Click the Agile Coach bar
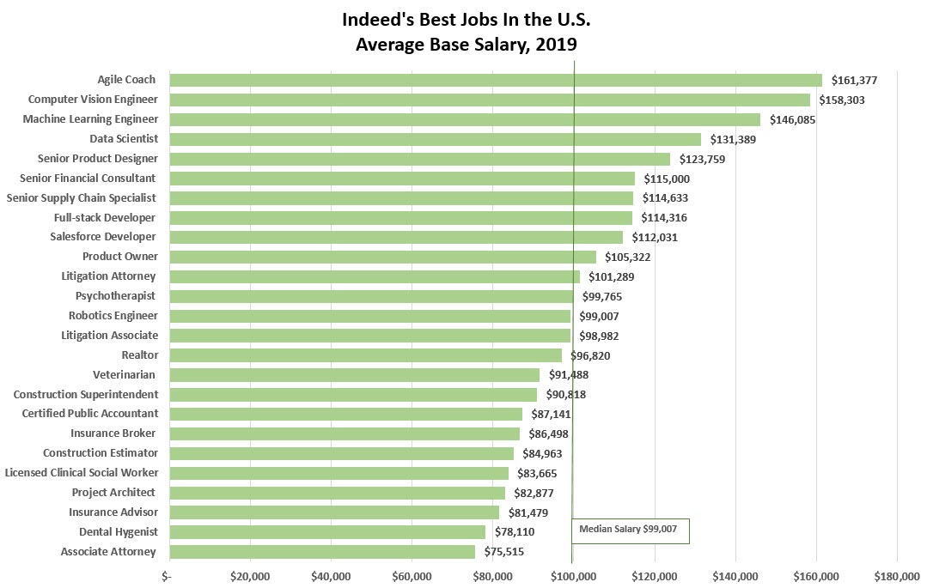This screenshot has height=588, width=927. point(496,81)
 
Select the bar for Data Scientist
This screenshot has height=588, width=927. point(435,139)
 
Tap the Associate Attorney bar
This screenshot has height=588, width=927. point(322,552)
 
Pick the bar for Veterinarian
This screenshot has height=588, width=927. point(355,375)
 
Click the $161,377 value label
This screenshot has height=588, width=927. point(854,81)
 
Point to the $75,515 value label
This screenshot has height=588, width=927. point(503,552)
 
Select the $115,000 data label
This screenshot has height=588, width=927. point(667,179)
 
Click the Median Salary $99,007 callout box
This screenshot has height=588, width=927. point(631,530)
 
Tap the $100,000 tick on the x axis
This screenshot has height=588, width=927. point(573,576)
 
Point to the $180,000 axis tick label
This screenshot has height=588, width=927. point(897,576)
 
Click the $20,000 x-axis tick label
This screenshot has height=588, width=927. point(250,576)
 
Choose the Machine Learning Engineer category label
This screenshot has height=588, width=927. point(90,119)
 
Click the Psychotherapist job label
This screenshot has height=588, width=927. point(115,296)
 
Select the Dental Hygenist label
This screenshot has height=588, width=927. point(119,532)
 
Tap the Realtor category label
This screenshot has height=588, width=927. point(140,355)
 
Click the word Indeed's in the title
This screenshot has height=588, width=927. point(378,20)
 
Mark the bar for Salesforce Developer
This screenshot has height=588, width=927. point(396,238)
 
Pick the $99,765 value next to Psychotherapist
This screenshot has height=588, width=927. point(602,297)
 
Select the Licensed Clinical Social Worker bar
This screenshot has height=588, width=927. point(338,473)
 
